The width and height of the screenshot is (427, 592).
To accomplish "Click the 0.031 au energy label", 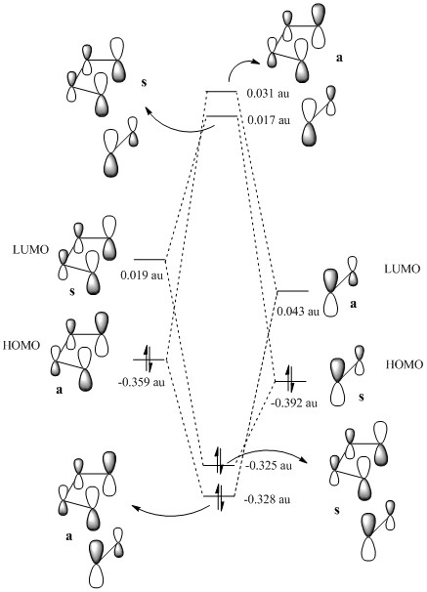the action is coord(268,93).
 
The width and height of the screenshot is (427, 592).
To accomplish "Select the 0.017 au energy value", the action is coord(269,120).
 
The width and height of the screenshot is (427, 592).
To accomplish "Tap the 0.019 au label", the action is coord(142,275).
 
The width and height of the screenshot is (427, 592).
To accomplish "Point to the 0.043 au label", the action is coord(298,311).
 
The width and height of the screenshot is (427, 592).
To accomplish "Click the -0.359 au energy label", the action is coord(142,382).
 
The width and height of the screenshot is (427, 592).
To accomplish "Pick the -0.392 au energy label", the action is coord(294,402).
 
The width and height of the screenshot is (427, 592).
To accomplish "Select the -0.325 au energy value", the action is coord(269,466).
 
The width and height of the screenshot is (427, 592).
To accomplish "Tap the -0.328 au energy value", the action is coord(268,499).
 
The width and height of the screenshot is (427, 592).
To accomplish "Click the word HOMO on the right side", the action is coord(405,364).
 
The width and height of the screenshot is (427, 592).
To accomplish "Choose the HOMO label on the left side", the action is coord(21,345).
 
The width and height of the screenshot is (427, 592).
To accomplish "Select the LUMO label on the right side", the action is coord(402,269).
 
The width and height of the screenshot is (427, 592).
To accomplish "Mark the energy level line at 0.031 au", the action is coord(221,92).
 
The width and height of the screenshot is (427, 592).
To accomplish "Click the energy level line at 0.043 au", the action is coord(293,291).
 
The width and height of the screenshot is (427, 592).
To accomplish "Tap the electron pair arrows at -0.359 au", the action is coord(148,359).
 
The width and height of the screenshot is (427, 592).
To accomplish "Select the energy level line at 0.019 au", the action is coord(149,260).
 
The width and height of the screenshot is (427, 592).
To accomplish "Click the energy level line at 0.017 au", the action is coord(222,116).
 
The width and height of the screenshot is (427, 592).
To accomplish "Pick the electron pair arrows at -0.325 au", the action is coord(219,461).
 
